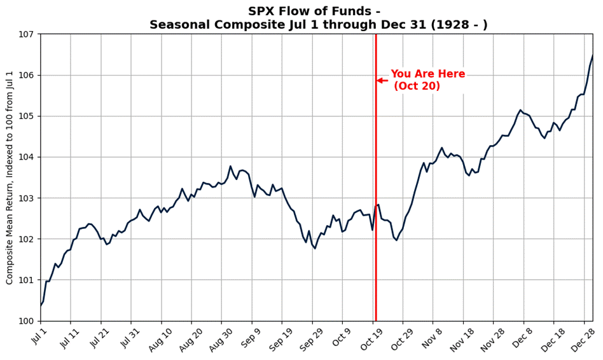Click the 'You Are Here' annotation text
[427, 74]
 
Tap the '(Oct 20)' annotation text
[417, 87]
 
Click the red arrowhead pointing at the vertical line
[379, 81]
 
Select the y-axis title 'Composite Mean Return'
[10, 178]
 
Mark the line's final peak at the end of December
[592, 55]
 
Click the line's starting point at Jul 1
[41, 306]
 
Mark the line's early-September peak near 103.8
[230, 166]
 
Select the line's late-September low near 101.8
[315, 248]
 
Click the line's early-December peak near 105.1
[520, 110]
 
